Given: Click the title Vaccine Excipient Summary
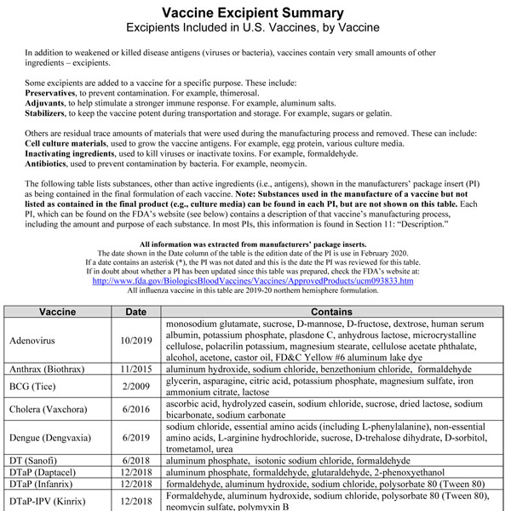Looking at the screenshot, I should coord(254,13).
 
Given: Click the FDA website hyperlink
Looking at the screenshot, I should coord(252,280).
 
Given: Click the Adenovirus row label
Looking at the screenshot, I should coord(34,340).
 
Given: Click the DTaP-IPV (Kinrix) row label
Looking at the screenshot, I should coord(52,502).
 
